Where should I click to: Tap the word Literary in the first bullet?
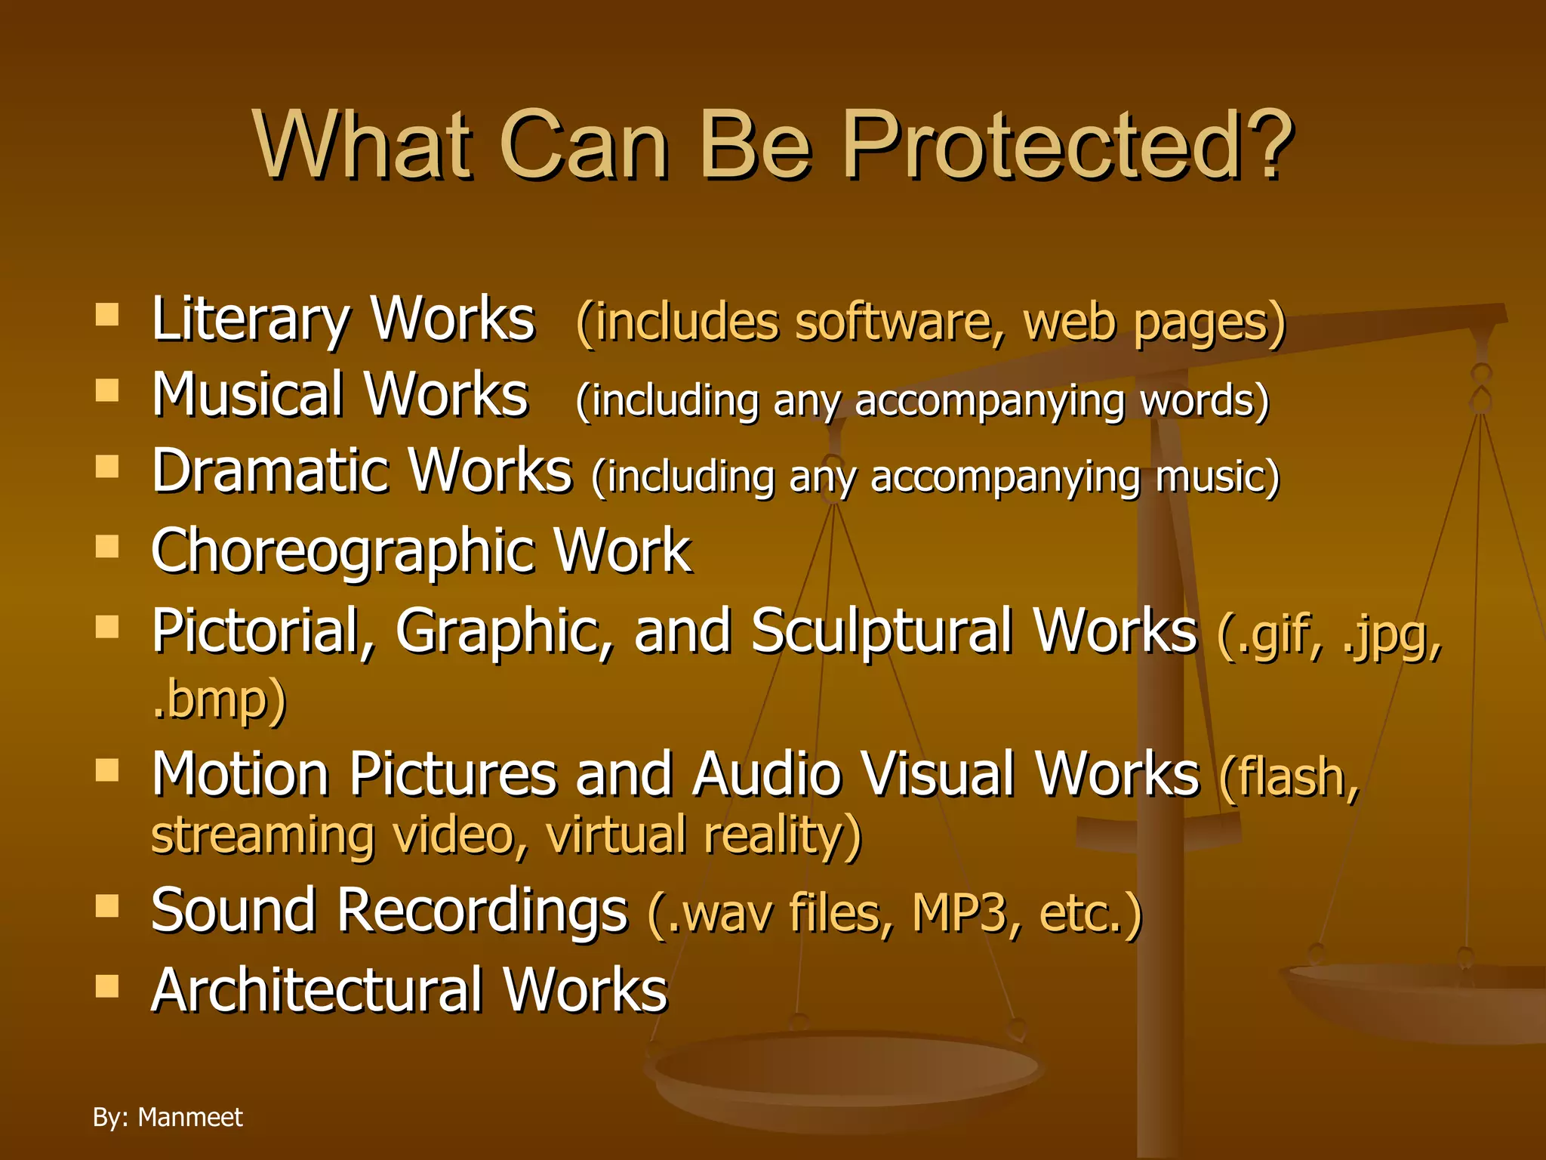pos(249,320)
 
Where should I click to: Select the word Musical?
pos(248,394)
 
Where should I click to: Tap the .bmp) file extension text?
pos(219,699)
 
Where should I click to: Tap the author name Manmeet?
pos(190,1117)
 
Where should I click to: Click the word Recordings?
pos(482,912)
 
